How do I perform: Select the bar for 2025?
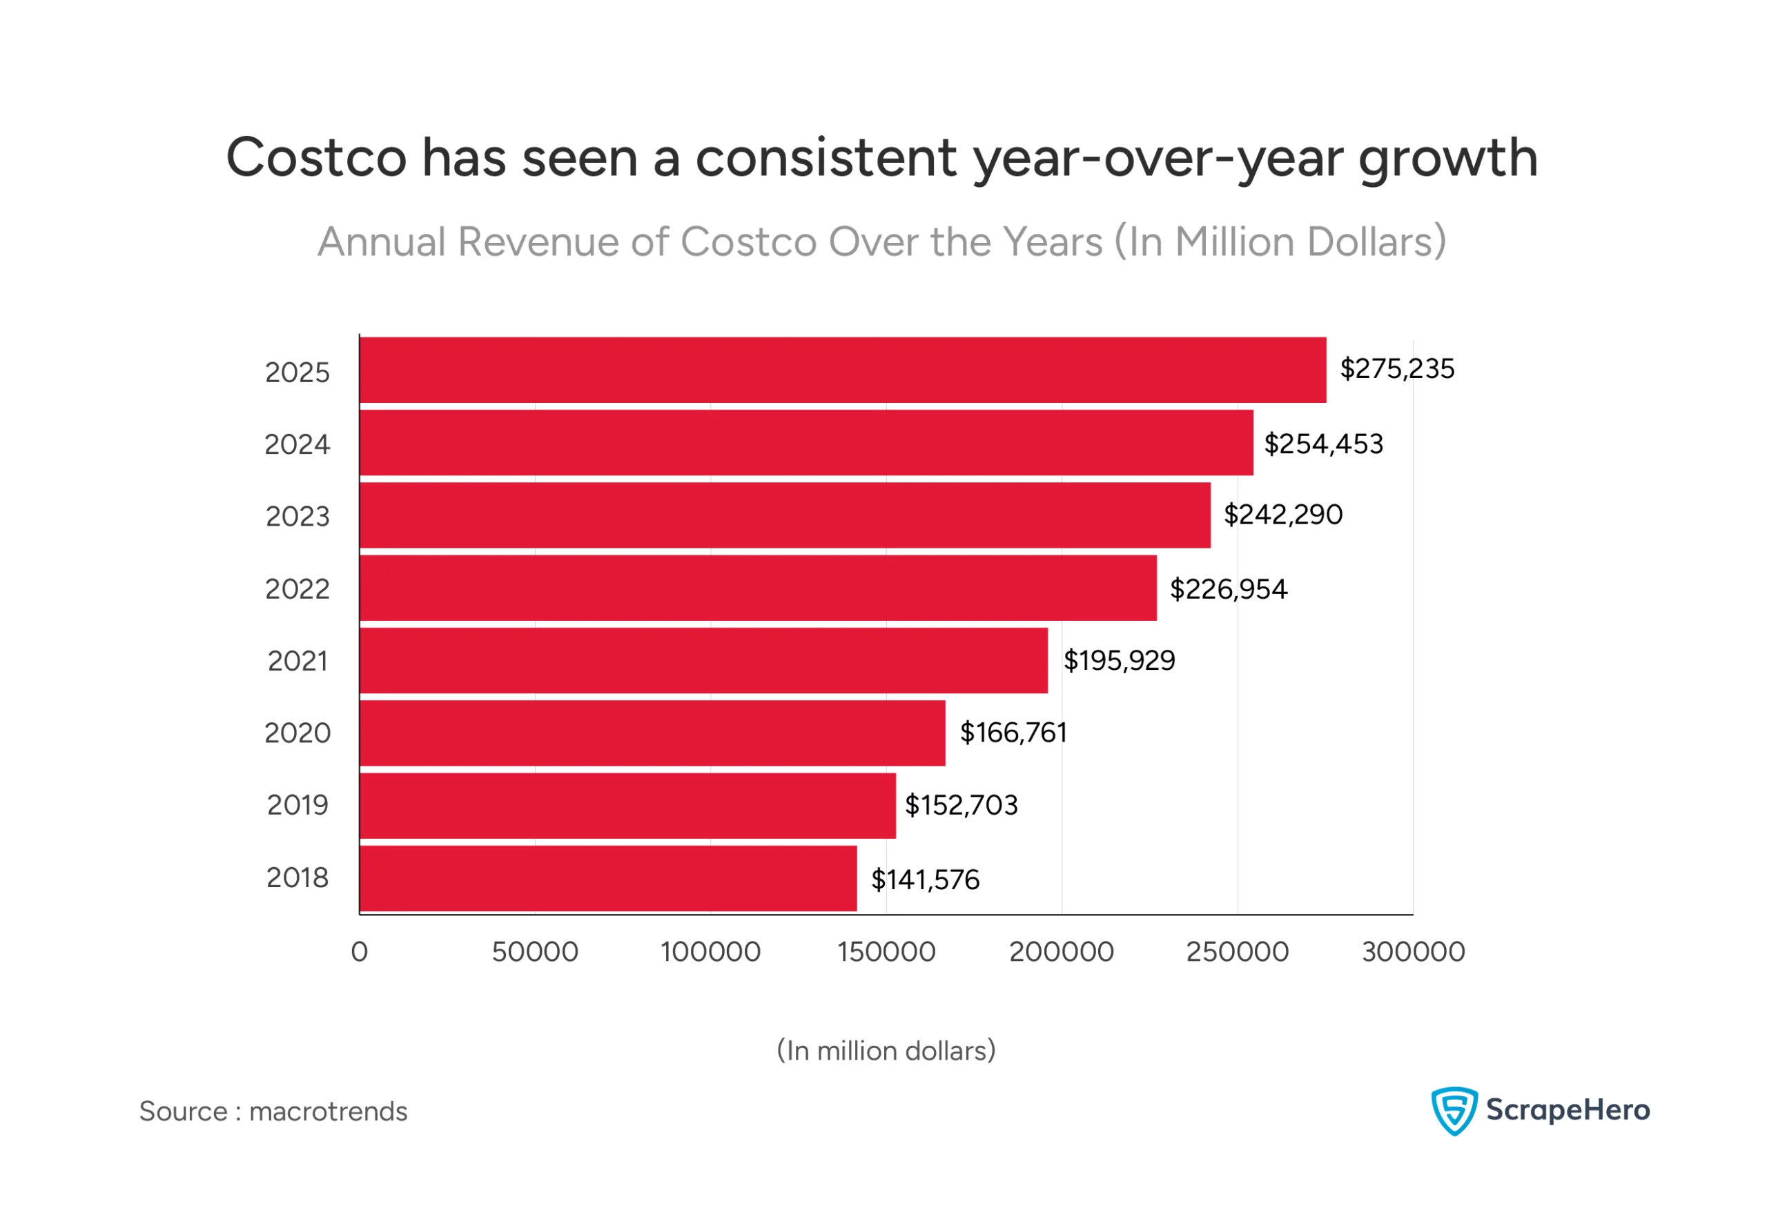pyautogui.click(x=843, y=370)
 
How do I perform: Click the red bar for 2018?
pyautogui.click(x=608, y=879)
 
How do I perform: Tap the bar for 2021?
pyautogui.click(x=703, y=660)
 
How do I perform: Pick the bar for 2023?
pyautogui.click(x=785, y=515)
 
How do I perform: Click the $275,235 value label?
pyautogui.click(x=1397, y=368)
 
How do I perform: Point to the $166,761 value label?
pyautogui.click(x=1013, y=733)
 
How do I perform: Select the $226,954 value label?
pyautogui.click(x=1228, y=589)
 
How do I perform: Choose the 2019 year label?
pyautogui.click(x=297, y=805)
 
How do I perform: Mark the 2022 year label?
pyautogui.click(x=297, y=589)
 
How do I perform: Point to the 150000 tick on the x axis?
pyautogui.click(x=886, y=951)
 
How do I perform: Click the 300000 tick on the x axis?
pyautogui.click(x=1413, y=951)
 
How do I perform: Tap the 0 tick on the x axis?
pyautogui.click(x=360, y=951)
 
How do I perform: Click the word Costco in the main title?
pyautogui.click(x=316, y=158)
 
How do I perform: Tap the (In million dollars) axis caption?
pyautogui.click(x=886, y=1051)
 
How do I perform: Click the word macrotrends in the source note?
pyautogui.click(x=328, y=1111)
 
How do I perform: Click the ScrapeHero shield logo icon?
pyautogui.click(x=1454, y=1111)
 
